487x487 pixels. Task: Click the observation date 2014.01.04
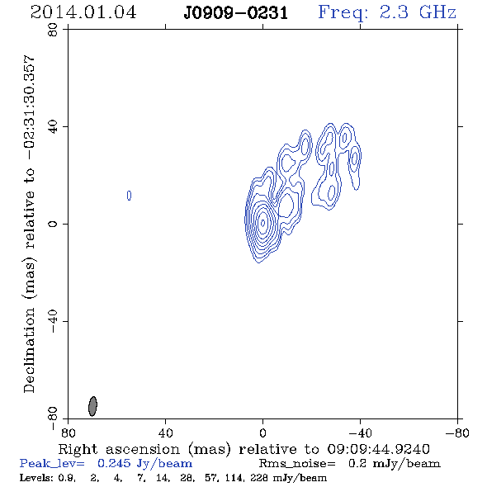(83, 12)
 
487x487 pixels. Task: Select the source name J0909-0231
(236, 13)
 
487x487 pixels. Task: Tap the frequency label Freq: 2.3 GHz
(387, 12)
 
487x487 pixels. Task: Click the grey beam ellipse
(92, 406)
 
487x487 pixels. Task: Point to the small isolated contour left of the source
(130, 196)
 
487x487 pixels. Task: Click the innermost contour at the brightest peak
(263, 223)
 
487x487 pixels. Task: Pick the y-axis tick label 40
(53, 127)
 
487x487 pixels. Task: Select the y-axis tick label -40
(53, 321)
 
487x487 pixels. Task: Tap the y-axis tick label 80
(53, 30)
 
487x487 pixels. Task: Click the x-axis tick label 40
(165, 433)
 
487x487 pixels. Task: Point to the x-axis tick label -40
(360, 433)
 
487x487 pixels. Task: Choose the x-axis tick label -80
(457, 433)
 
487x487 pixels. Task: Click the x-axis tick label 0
(262, 433)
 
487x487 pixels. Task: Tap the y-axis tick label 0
(53, 224)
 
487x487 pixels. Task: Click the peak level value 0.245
(114, 463)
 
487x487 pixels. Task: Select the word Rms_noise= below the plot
(297, 464)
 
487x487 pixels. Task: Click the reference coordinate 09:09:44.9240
(378, 449)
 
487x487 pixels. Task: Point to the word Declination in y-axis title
(29, 351)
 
